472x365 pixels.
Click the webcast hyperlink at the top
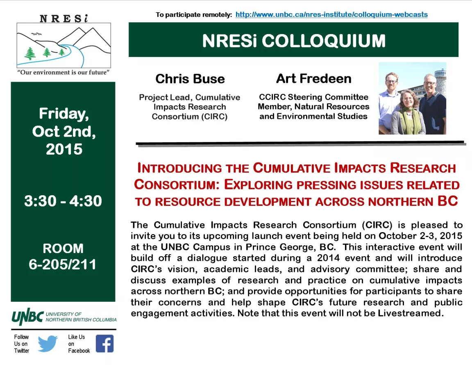(331, 14)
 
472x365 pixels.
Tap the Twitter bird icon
(48, 344)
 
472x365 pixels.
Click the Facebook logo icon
(105, 344)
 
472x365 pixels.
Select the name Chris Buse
(190, 79)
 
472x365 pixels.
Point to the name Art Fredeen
(314, 79)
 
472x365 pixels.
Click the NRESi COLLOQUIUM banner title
(293, 41)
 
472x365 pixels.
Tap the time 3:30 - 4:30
(63, 201)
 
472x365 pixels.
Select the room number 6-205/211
(63, 265)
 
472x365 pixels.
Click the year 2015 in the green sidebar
(64, 149)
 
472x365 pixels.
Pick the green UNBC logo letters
(27, 317)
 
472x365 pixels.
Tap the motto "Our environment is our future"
(64, 72)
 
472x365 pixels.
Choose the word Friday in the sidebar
(64, 114)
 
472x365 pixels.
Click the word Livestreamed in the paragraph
(411, 313)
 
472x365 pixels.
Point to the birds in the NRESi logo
(36, 34)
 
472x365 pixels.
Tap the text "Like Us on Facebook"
(79, 344)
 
